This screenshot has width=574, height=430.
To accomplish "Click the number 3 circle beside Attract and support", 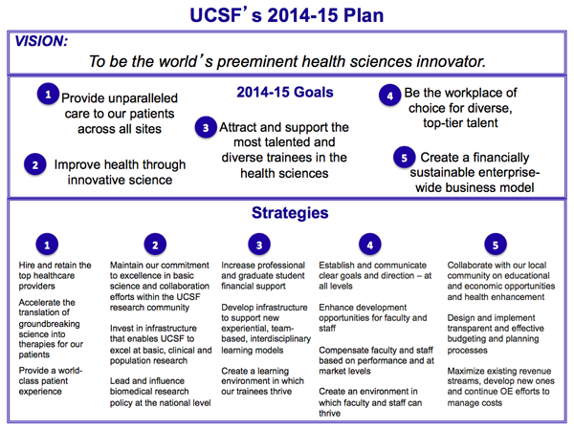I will point(205,127).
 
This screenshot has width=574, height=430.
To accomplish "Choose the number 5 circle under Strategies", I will point(494,244).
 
